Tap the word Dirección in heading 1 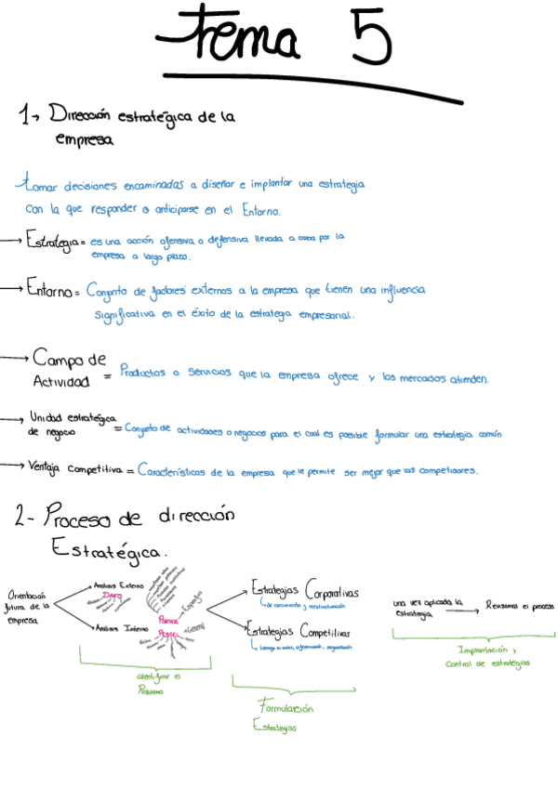[x=80, y=116]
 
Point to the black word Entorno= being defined [x=54, y=291]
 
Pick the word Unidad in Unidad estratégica [x=45, y=416]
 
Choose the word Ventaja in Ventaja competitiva [x=45, y=466]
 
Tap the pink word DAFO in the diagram [x=113, y=596]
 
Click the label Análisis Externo [x=117, y=584]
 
